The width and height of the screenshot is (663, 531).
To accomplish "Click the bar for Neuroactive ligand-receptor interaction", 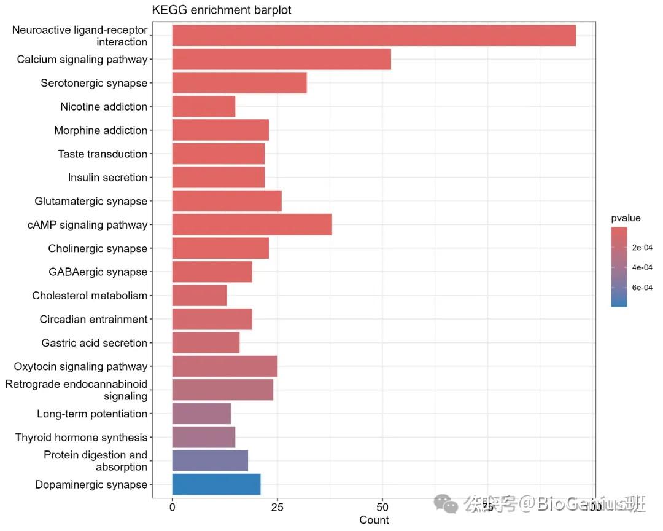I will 373,36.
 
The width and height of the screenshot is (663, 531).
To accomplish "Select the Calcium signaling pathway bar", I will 281,59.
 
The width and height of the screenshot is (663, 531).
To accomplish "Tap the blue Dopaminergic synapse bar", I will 216,485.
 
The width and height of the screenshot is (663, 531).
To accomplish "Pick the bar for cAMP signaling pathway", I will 252,225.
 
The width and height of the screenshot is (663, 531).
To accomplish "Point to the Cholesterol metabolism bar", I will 200,296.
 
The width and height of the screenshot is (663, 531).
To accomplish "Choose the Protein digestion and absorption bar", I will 210,461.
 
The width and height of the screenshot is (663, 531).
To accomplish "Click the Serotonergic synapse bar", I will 239,83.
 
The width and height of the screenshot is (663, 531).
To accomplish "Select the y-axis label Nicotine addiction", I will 104,107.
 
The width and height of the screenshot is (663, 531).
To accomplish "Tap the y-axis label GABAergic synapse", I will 98,272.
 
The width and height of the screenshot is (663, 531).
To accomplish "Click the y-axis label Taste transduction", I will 103,154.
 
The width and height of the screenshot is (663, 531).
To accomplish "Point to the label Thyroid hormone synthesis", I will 82,438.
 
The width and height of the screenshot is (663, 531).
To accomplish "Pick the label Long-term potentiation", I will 92,414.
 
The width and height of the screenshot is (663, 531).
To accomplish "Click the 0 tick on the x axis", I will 172,508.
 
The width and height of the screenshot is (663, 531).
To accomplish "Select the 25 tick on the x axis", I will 277,508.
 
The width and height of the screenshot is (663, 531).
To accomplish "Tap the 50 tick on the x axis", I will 382,508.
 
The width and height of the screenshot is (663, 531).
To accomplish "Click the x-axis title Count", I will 374,520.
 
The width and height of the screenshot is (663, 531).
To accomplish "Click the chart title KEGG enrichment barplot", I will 222,10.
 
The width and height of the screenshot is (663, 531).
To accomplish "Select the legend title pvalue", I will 626,218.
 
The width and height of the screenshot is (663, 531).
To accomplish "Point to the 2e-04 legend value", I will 642,248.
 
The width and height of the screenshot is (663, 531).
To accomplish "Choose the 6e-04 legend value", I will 642,287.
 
